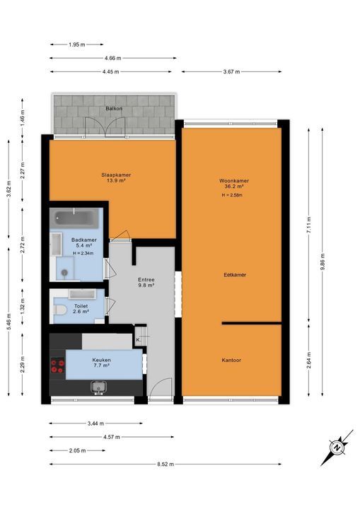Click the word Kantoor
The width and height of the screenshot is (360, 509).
232,360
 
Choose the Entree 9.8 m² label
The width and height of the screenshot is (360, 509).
146,283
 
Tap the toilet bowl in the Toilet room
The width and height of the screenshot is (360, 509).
62,309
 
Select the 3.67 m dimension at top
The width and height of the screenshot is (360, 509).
231,71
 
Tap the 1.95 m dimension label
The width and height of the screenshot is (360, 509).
76,45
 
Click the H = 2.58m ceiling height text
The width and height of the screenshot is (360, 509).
233,194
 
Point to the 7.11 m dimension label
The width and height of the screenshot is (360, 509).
308,219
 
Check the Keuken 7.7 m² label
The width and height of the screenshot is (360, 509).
101,363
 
